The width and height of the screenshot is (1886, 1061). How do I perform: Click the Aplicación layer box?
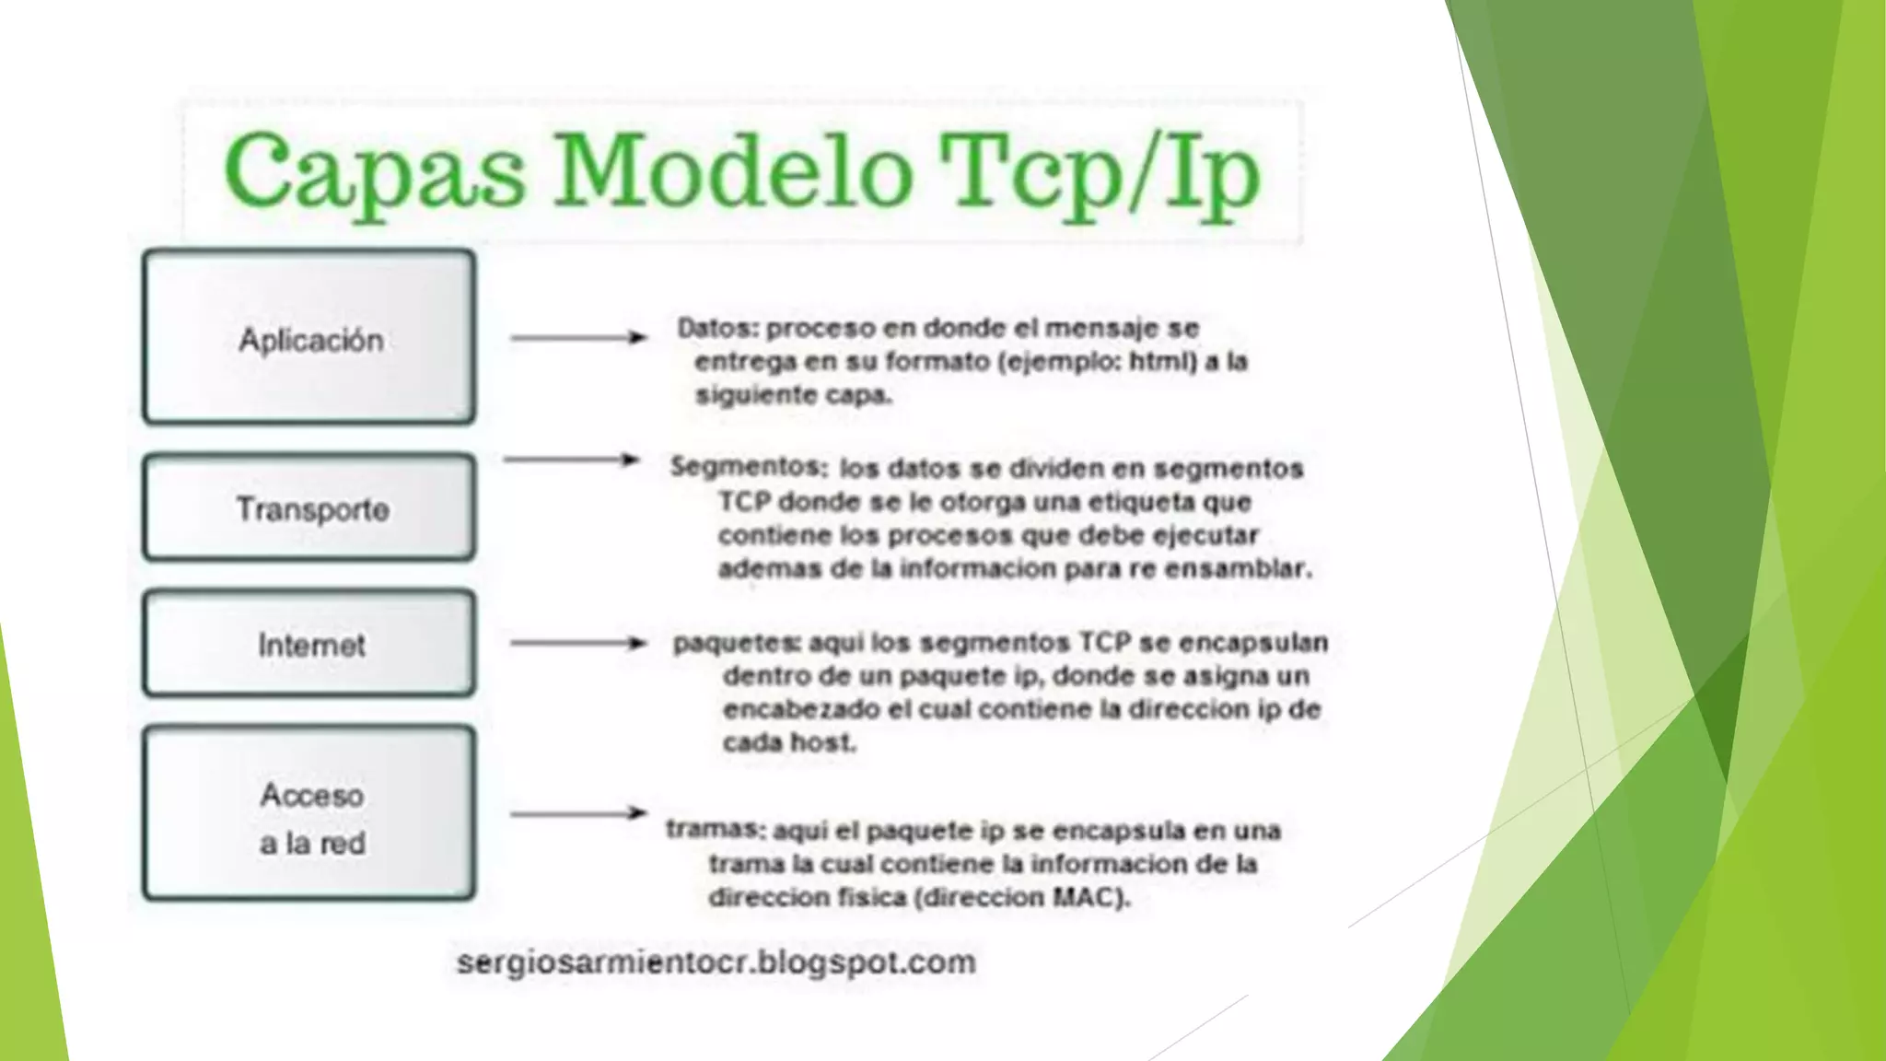309,337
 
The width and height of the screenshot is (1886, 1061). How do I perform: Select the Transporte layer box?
309,507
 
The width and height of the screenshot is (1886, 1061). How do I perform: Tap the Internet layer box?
309,644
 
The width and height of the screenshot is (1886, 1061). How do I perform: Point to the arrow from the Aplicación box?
578,338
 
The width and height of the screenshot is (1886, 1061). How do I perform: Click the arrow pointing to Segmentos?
572,460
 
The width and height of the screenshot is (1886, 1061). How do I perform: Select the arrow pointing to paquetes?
578,643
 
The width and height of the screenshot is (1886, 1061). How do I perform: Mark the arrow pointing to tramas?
578,813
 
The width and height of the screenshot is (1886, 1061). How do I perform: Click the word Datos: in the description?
717,328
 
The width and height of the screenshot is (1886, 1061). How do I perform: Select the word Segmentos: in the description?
749,467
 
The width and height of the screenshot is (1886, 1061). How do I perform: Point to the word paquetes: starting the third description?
736,643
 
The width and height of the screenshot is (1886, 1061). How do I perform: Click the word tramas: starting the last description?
716,830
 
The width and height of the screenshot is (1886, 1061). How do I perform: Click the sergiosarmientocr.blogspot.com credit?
716,962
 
